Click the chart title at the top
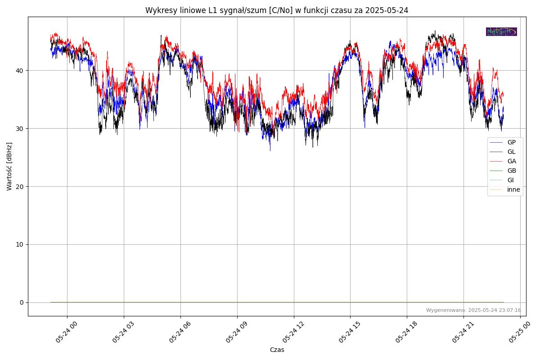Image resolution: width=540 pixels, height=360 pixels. (276, 10)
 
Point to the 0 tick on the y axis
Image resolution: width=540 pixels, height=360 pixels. (21, 302)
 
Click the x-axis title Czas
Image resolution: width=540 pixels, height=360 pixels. (277, 350)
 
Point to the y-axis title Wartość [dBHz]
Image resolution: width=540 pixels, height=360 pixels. (9, 166)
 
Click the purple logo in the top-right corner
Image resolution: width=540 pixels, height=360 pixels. (501, 31)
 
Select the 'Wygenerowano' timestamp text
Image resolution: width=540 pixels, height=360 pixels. (473, 310)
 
